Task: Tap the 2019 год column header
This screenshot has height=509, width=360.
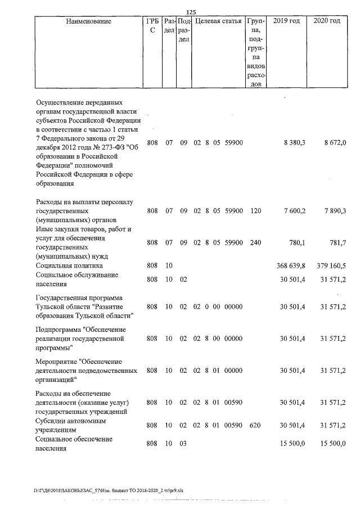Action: (x=286, y=21)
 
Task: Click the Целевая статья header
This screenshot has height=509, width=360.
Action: (x=218, y=21)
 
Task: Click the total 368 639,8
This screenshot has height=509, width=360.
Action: (x=291, y=265)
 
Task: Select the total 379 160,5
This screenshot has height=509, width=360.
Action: (x=331, y=265)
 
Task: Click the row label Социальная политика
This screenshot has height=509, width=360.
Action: (x=69, y=265)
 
